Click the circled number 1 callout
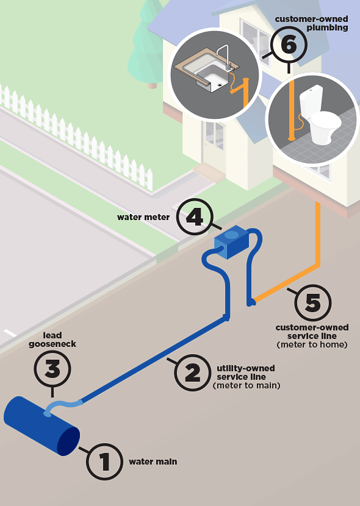(104, 461)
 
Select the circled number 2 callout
(192, 372)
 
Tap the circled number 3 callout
(52, 369)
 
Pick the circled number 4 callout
(195, 217)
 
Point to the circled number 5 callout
(312, 303)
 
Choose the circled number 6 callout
(289, 45)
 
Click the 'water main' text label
(153, 461)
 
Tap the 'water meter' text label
(143, 217)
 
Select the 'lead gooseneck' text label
(52, 340)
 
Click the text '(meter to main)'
(247, 385)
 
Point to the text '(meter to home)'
(312, 344)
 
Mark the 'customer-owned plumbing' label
(312, 24)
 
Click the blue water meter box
(231, 242)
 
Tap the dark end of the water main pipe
(68, 441)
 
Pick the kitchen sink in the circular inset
(207, 69)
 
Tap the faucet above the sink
(224, 57)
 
